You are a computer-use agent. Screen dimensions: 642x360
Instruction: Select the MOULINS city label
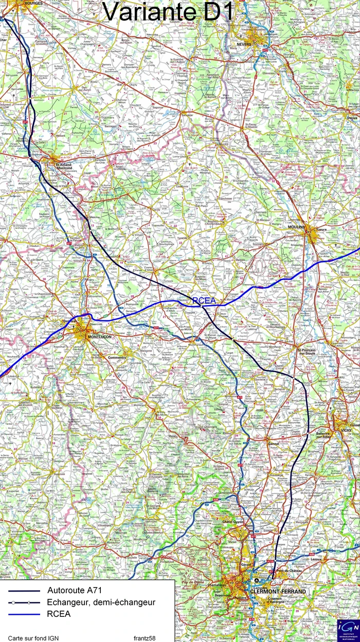pyautogui.click(x=297, y=227)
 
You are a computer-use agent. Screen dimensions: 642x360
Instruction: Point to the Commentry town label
pyautogui.click(x=117, y=357)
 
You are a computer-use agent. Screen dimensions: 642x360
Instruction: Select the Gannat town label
pyautogui.click(x=273, y=442)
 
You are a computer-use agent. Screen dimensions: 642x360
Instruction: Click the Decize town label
pyautogui.click(x=352, y=118)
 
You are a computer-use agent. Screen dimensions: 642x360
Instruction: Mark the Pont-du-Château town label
pyautogui.click(x=287, y=571)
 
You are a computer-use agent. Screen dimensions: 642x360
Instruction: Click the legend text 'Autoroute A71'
pyautogui.click(x=77, y=590)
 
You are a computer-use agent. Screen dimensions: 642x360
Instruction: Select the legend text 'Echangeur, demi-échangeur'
pyautogui.click(x=101, y=602)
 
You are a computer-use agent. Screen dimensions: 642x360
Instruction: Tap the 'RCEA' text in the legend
pyautogui.click(x=59, y=614)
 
